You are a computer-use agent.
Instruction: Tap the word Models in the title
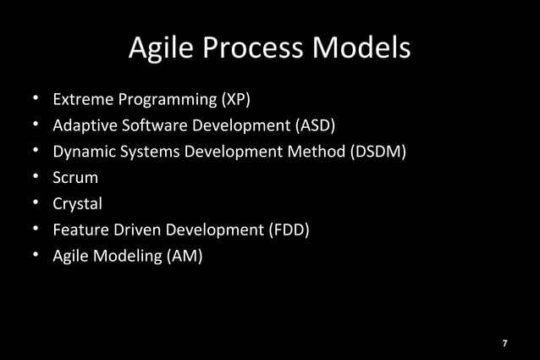[x=361, y=48]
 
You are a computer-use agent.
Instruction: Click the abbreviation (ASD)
[x=315, y=126]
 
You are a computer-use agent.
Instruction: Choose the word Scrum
[x=75, y=178]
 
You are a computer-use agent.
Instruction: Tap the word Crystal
[x=77, y=204]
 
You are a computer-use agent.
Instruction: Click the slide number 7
[x=504, y=343]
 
